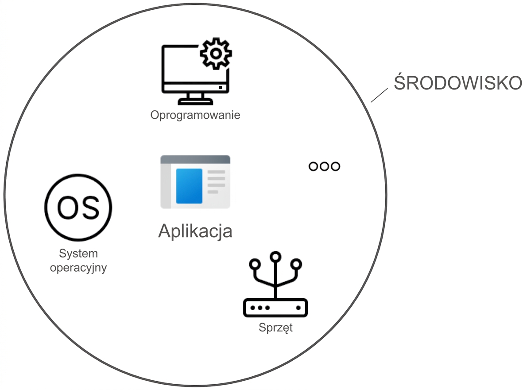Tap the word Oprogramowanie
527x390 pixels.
pyautogui.click(x=195, y=115)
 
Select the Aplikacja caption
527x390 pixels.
pyautogui.click(x=195, y=231)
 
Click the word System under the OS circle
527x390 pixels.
pyautogui.click(x=78, y=253)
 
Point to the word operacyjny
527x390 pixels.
pyautogui.click(x=78, y=268)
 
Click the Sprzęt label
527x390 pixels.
pyautogui.click(x=275, y=328)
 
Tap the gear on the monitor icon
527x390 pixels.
pyautogui.click(x=216, y=54)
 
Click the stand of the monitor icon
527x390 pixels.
pyautogui.click(x=195, y=99)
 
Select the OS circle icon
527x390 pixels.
pyautogui.click(x=78, y=207)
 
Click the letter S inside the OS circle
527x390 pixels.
pyautogui.click(x=90, y=207)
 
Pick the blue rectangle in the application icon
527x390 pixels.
pyautogui.click(x=189, y=186)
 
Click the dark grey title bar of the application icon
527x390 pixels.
pyautogui.click(x=195, y=160)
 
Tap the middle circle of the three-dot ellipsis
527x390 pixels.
pyautogui.click(x=324, y=166)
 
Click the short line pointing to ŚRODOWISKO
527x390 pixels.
pyautogui.click(x=379, y=95)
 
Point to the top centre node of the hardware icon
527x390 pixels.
pyautogui.click(x=275, y=257)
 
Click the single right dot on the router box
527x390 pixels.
pyautogui.click(x=298, y=308)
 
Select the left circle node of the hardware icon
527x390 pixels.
pyautogui.click(x=255, y=264)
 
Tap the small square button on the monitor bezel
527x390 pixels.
pyautogui.click(x=221, y=87)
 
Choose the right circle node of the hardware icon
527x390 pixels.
pyautogui.click(x=296, y=264)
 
